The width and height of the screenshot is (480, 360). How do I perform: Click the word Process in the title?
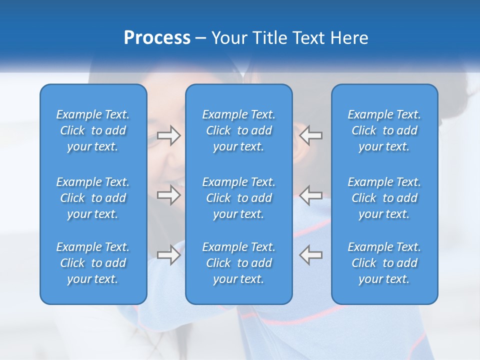157,38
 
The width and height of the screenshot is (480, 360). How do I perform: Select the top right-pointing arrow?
168,135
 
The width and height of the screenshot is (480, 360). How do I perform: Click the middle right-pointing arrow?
168,195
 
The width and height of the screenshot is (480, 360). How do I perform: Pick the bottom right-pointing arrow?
168,255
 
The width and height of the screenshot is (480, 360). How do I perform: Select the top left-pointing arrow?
310,135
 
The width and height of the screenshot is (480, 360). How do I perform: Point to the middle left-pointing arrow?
310,195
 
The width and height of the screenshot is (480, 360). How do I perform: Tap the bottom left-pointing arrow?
310,255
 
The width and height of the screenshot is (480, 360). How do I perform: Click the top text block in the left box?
93,130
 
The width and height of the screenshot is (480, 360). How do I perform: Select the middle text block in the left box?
93,198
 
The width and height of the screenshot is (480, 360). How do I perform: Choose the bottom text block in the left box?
93,263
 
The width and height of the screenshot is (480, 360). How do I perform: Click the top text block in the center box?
239,130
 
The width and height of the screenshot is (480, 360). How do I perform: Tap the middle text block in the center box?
239,198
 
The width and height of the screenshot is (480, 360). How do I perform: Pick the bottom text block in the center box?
239,263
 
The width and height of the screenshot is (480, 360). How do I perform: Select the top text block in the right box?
384,130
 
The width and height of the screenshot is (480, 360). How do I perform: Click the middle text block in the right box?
384,198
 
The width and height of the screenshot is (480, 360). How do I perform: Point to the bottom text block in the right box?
384,263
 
